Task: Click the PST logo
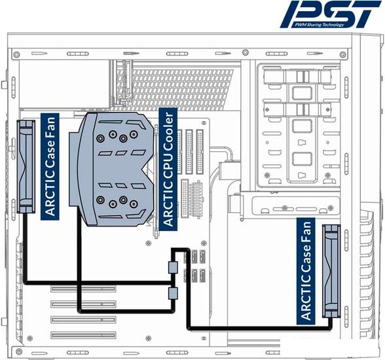[x=331, y=14]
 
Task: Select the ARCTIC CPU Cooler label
[x=168, y=170]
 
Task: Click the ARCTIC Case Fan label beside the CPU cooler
[x=50, y=167]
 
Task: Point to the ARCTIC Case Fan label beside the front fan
[x=306, y=271]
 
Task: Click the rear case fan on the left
[x=26, y=166]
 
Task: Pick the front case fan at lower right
[x=331, y=271]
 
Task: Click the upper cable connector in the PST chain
[x=173, y=267]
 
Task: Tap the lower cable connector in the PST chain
[x=173, y=293]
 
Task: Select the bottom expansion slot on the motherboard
[x=83, y=335]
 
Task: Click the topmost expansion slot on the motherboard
[x=83, y=289]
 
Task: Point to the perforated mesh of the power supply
[x=175, y=89]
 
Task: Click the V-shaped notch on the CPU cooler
[x=147, y=170]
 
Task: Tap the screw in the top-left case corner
[x=16, y=54]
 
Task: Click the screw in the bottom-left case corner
[x=18, y=351]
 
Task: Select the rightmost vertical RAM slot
[x=200, y=152]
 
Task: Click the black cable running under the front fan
[x=261, y=328]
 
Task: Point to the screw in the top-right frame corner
[x=343, y=54]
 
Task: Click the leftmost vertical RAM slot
[x=179, y=152]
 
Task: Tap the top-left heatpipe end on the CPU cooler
[x=100, y=138]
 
